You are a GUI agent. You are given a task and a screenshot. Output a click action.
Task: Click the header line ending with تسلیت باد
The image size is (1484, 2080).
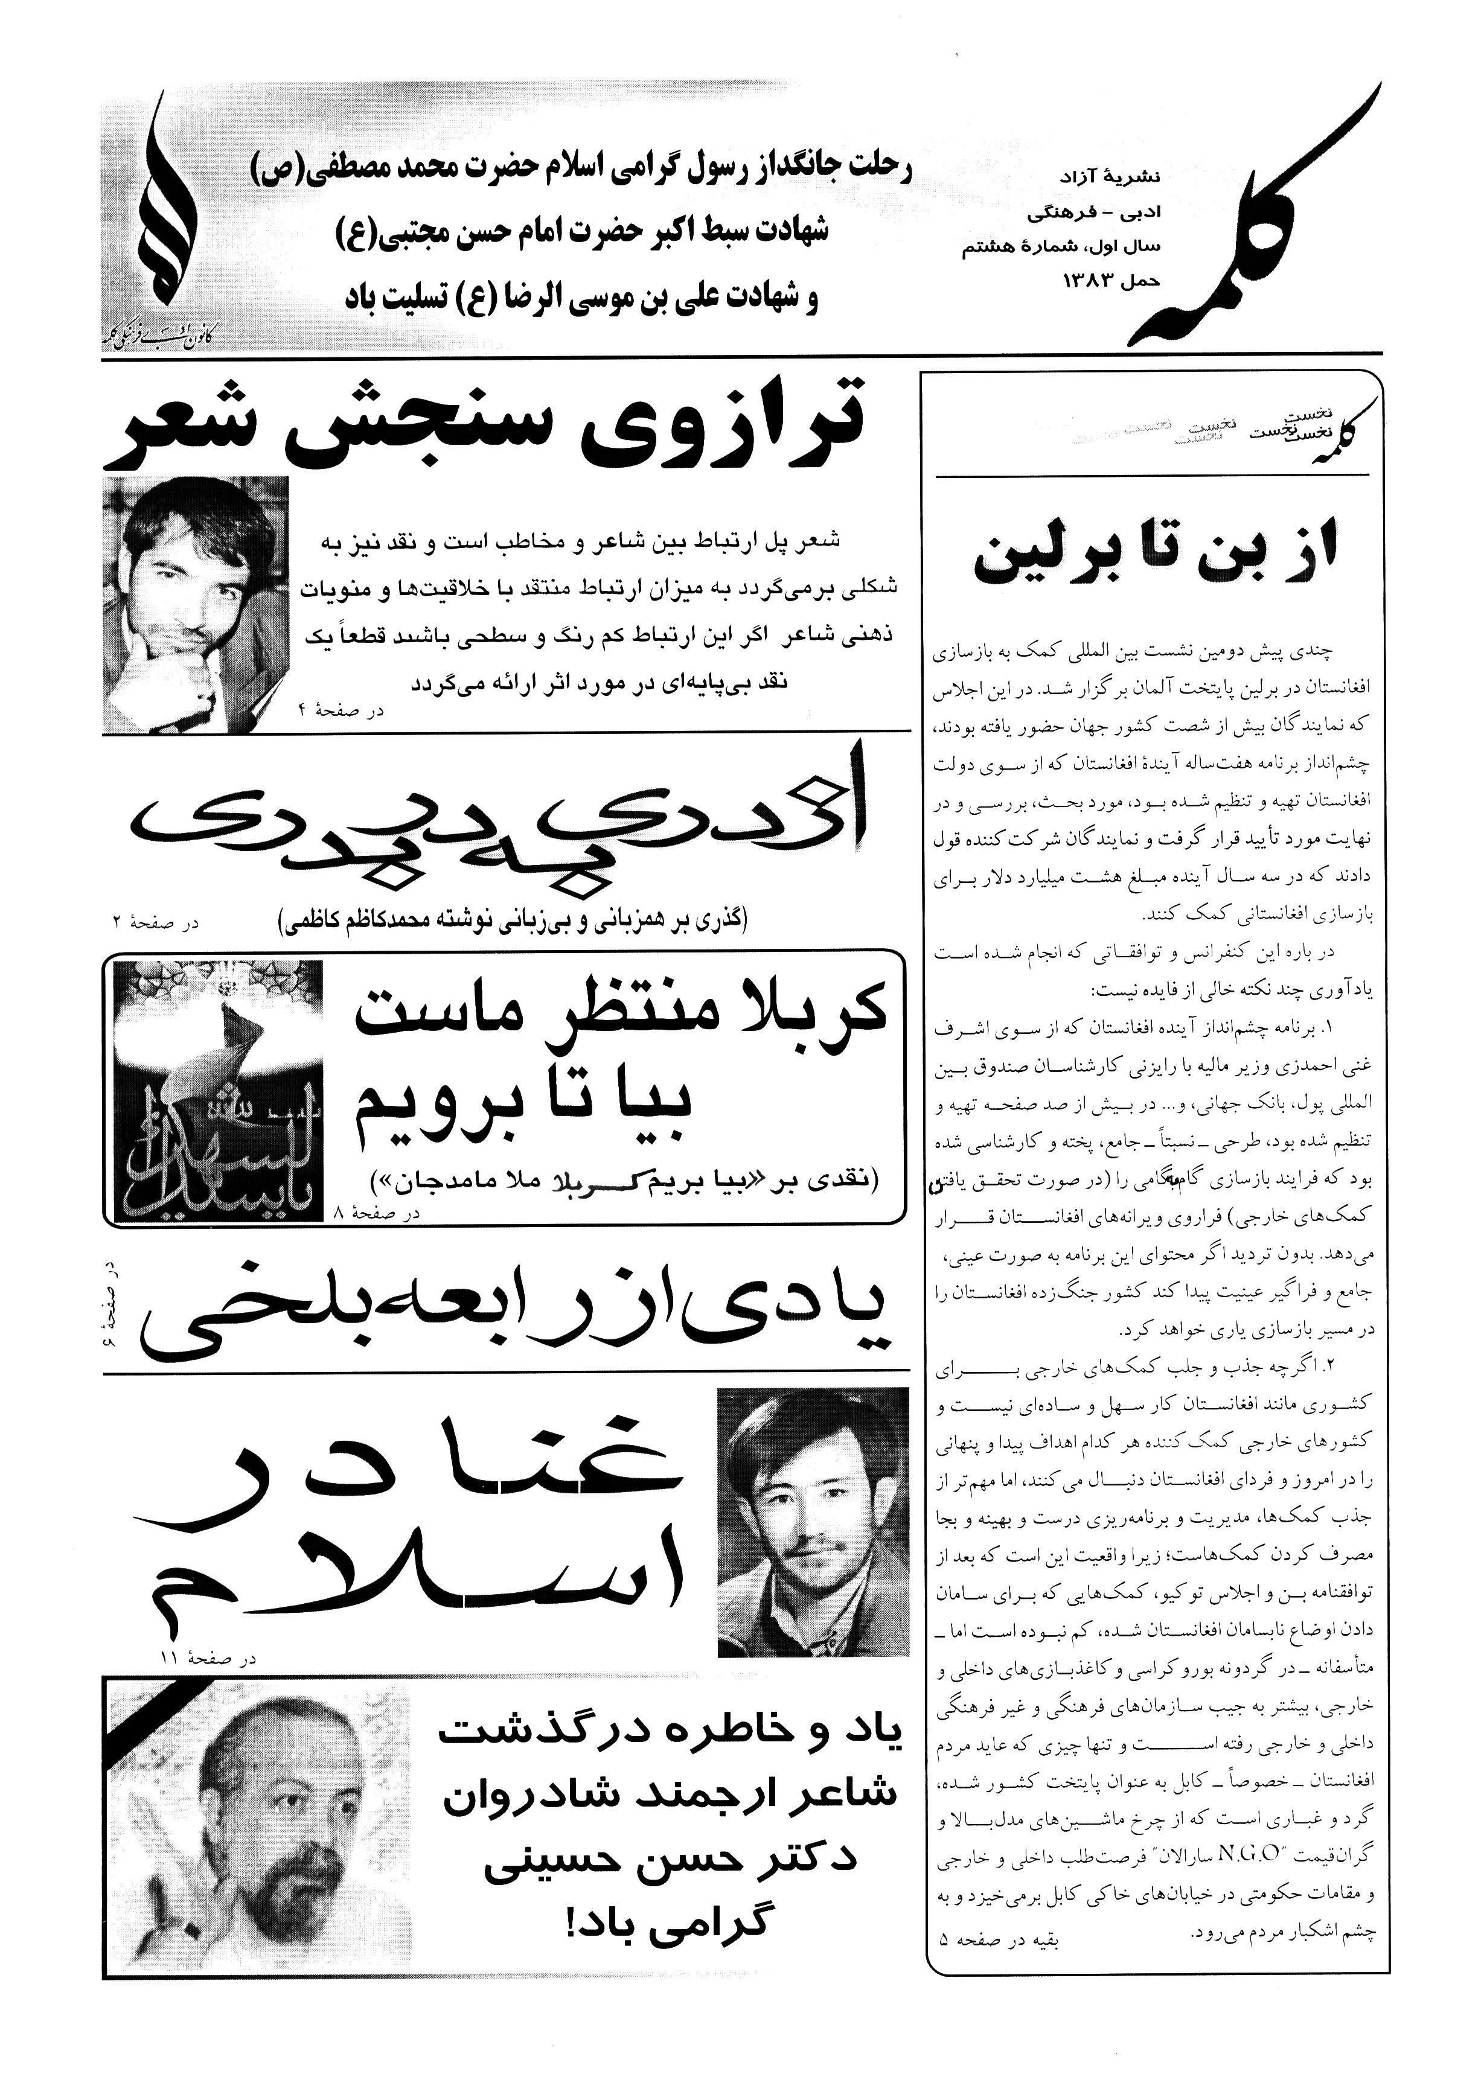click(580, 299)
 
